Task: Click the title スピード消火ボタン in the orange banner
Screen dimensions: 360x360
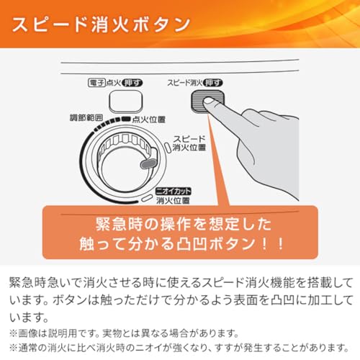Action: (101, 24)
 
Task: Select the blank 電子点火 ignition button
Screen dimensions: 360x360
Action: (126, 101)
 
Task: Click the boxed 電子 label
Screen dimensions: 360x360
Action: (96, 83)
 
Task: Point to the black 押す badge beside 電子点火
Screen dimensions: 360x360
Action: (132, 83)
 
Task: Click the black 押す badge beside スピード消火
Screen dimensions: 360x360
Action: (212, 83)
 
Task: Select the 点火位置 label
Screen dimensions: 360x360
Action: (149, 120)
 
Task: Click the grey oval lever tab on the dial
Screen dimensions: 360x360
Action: (148, 163)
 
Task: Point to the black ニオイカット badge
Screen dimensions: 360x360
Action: (174, 192)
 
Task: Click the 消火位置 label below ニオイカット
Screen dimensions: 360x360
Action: (173, 200)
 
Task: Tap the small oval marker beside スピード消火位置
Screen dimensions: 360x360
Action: (167, 146)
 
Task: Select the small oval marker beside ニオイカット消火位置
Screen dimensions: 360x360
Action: (147, 198)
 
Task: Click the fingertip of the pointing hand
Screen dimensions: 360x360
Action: (208, 102)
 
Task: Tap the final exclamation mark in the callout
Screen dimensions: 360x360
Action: (280, 244)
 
